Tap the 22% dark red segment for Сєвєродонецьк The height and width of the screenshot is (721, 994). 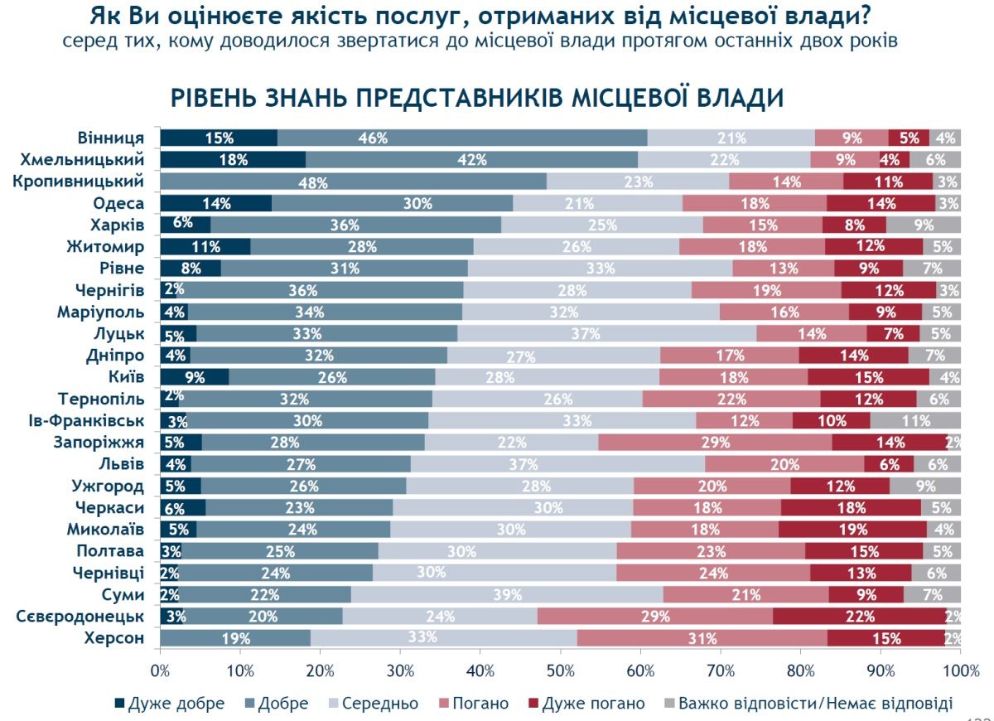(859, 617)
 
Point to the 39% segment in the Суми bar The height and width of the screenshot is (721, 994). (507, 595)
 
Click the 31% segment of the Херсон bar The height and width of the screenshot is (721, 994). (702, 638)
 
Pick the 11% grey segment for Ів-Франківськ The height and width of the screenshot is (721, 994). (915, 421)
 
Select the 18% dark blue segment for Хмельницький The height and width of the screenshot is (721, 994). (233, 160)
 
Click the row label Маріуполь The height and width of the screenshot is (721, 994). (101, 312)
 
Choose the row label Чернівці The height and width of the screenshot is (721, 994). (109, 573)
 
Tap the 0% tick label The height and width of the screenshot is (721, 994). (160, 669)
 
